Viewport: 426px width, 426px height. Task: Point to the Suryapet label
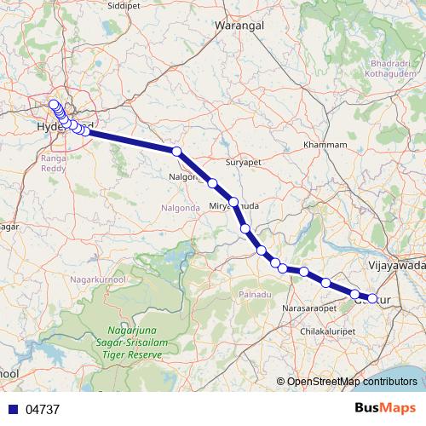(x=241, y=161)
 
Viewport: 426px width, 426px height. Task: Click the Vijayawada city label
(x=397, y=266)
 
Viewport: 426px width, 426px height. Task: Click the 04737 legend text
(x=43, y=410)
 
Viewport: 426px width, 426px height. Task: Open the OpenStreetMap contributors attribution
(x=351, y=381)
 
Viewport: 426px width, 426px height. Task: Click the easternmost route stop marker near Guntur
(x=372, y=298)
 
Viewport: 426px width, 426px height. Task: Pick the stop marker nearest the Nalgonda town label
(x=177, y=151)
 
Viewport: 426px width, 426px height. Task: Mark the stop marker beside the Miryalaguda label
(x=233, y=202)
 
